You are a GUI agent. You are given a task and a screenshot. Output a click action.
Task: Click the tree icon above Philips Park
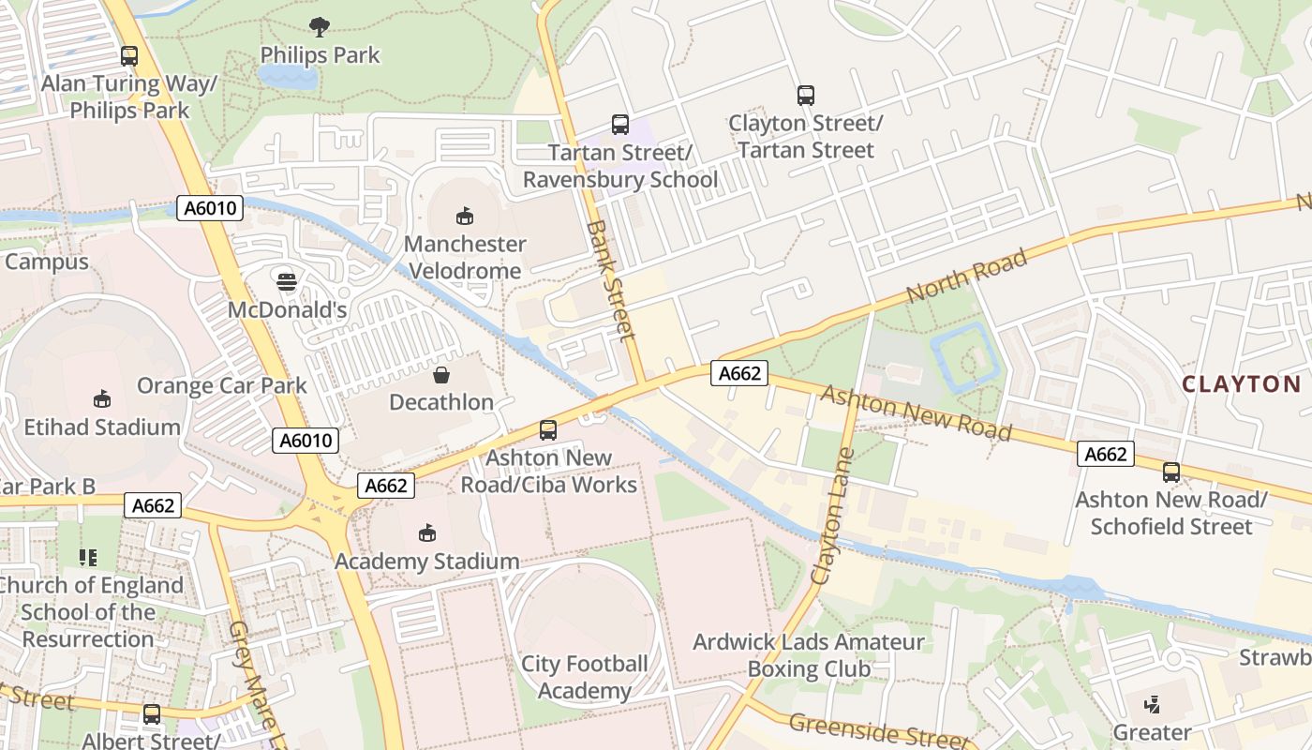click(x=319, y=26)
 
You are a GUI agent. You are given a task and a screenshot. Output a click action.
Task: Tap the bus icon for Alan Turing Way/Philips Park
click(x=129, y=55)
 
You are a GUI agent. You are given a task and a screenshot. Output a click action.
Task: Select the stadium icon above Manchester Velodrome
click(x=464, y=216)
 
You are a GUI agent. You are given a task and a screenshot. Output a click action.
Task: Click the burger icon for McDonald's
click(x=287, y=281)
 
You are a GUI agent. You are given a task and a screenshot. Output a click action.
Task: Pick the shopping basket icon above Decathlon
click(x=441, y=375)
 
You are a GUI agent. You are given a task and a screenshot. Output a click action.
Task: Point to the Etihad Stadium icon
click(x=102, y=399)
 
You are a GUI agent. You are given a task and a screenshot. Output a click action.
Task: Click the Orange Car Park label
click(x=222, y=385)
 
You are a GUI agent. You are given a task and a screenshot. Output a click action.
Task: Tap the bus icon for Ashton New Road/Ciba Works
click(x=548, y=430)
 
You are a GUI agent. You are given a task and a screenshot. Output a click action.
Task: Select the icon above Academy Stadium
click(x=427, y=533)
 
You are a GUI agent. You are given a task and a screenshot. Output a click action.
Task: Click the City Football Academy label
click(x=585, y=677)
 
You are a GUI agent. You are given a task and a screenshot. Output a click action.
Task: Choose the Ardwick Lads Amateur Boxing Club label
click(x=808, y=655)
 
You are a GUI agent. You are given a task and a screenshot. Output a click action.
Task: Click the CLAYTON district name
click(x=1242, y=383)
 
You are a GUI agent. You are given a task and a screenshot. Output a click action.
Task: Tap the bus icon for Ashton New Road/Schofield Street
click(x=1170, y=472)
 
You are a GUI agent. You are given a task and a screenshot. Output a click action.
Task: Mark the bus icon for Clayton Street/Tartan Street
click(x=806, y=95)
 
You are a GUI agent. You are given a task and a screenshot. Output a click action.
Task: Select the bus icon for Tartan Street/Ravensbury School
click(x=619, y=124)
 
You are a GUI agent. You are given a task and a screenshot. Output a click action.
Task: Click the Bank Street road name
click(x=611, y=280)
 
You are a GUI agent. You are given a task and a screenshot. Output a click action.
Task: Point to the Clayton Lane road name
click(x=833, y=517)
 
